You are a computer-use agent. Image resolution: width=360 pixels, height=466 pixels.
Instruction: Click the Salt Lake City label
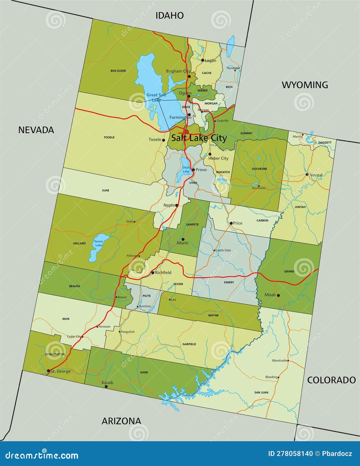[199, 138]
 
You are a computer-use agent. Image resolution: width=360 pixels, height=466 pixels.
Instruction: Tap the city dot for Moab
[278, 295]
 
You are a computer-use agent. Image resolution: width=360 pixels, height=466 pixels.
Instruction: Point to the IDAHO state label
[170, 15]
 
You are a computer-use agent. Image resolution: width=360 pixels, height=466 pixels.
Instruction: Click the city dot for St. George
[49, 371]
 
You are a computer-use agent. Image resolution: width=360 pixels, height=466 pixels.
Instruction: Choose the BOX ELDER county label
[118, 71]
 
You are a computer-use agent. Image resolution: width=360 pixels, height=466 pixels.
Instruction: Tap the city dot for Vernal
[307, 174]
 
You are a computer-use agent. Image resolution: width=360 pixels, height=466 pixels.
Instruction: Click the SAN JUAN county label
[261, 392]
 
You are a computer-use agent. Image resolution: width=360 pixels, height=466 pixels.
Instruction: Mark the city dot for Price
[231, 223]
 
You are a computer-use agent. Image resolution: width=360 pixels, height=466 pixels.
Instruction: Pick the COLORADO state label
[331, 380]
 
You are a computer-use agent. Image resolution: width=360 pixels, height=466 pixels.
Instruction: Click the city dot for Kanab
[106, 387]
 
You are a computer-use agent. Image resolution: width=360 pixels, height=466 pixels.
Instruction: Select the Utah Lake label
[186, 169]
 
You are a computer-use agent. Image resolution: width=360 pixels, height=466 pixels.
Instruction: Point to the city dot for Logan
[202, 60]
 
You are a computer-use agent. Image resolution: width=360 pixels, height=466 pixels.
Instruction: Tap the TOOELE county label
[109, 137]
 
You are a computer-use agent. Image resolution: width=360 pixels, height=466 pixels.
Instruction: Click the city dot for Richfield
[153, 273]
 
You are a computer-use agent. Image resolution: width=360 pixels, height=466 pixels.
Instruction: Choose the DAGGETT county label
[325, 143]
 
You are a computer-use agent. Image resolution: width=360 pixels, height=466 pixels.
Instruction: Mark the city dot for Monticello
[288, 360]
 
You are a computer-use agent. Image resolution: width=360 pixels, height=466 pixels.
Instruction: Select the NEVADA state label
[36, 130]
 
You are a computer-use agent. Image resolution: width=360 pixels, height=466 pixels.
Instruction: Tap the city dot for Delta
[135, 221]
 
